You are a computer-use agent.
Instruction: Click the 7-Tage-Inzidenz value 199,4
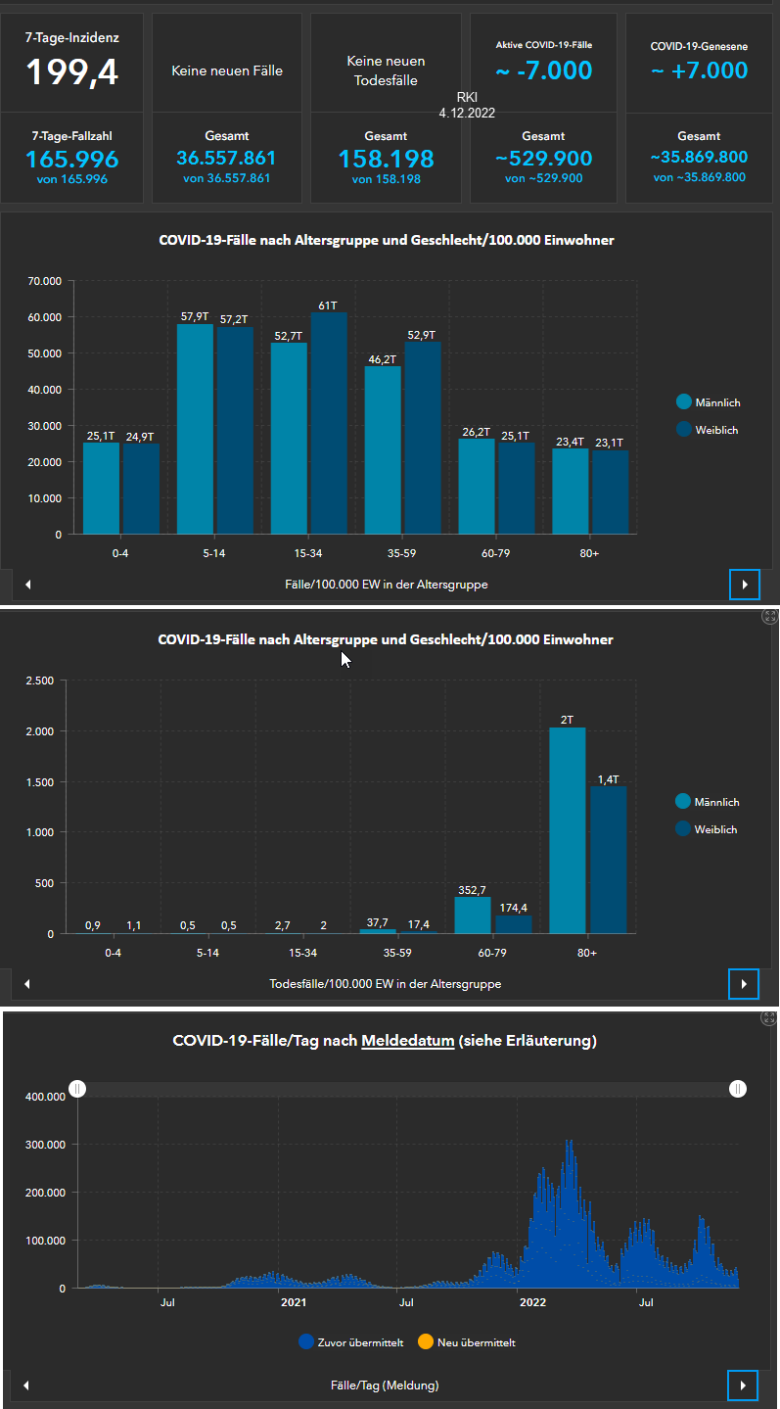(x=71, y=71)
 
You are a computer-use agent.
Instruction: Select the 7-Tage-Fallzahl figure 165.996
(x=71, y=160)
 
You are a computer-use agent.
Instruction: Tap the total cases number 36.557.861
(x=226, y=158)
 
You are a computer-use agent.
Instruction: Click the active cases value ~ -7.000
(x=543, y=70)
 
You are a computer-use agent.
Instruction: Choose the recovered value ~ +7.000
(x=699, y=70)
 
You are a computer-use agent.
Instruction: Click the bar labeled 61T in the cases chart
(x=329, y=423)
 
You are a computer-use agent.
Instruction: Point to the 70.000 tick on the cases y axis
(x=45, y=282)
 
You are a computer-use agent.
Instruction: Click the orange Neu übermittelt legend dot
(x=425, y=1341)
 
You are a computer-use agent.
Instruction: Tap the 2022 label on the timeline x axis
(x=532, y=1302)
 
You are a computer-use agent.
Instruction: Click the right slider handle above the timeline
(x=737, y=1089)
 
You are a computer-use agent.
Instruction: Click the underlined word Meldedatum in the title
(x=407, y=1041)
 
